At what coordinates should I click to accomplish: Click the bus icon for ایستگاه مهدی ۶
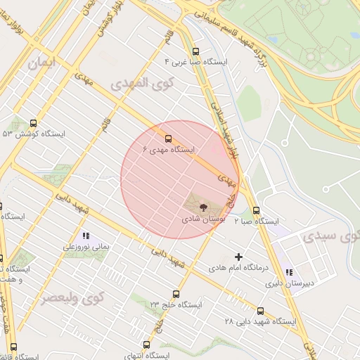tap(167, 138)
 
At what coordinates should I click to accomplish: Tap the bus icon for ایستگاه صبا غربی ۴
tap(195, 51)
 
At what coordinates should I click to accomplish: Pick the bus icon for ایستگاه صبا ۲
tap(255, 210)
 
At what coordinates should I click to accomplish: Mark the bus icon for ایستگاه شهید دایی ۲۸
tap(260, 310)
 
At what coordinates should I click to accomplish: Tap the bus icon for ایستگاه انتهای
tap(146, 345)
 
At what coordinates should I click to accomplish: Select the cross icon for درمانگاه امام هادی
tap(238, 257)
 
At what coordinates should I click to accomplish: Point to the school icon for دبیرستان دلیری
tap(288, 273)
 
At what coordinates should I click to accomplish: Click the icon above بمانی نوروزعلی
tap(86, 236)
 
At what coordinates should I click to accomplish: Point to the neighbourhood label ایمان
tap(41, 63)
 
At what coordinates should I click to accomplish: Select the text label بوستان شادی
tap(202, 219)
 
